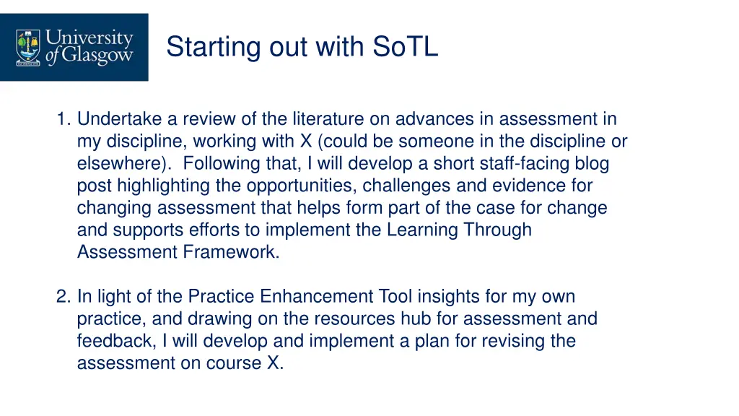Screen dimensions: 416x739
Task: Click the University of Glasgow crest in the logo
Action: point(28,47)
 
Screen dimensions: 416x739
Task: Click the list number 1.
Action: point(63,119)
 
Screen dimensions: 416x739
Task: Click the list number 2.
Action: point(63,297)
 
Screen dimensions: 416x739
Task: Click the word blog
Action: point(592,164)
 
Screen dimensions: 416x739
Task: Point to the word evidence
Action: point(528,186)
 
